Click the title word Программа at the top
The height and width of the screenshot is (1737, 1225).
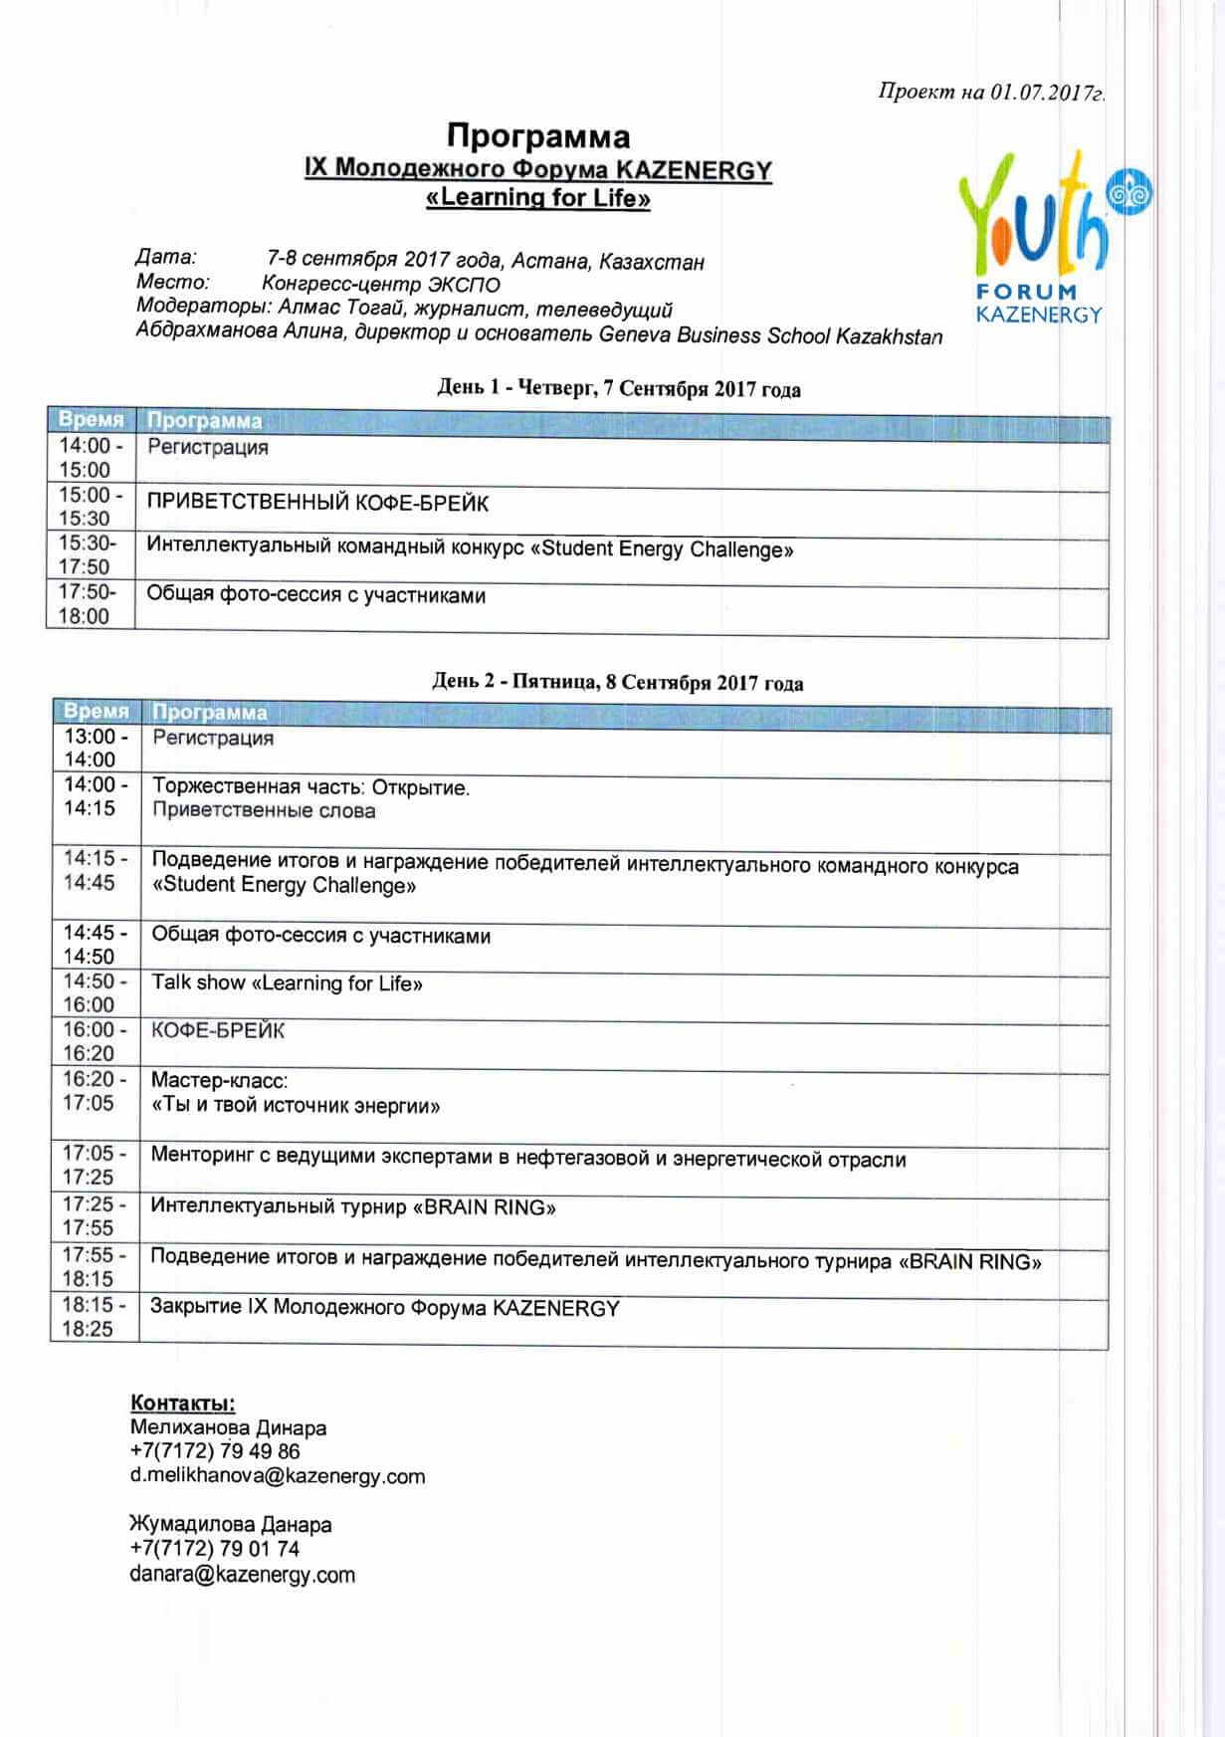tap(537, 135)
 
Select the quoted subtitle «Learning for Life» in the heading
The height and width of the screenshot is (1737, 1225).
tap(537, 198)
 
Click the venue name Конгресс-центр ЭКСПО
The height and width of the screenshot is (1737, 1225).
tap(381, 284)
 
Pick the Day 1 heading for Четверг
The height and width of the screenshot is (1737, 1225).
tap(618, 388)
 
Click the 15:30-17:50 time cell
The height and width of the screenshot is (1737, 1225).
tap(88, 554)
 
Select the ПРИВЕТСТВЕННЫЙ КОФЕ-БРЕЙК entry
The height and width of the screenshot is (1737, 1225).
tap(317, 504)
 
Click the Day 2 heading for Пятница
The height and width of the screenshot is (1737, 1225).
tap(617, 682)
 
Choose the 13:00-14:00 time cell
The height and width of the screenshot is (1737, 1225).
tap(94, 748)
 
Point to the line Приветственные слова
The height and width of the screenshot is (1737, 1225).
tap(264, 810)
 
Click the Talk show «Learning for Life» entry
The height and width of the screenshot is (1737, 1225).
tap(287, 983)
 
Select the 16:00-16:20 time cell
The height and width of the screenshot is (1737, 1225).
tap(94, 1041)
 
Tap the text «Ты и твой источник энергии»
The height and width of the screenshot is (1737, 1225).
tap(296, 1106)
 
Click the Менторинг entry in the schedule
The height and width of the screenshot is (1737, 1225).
tap(527, 1158)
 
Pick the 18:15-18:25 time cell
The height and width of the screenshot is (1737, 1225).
tap(93, 1316)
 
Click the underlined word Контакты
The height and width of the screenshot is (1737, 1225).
tap(183, 1404)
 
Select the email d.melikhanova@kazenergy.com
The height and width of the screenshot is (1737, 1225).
tap(278, 1476)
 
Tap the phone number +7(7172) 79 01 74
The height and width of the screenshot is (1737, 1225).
tap(214, 1549)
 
